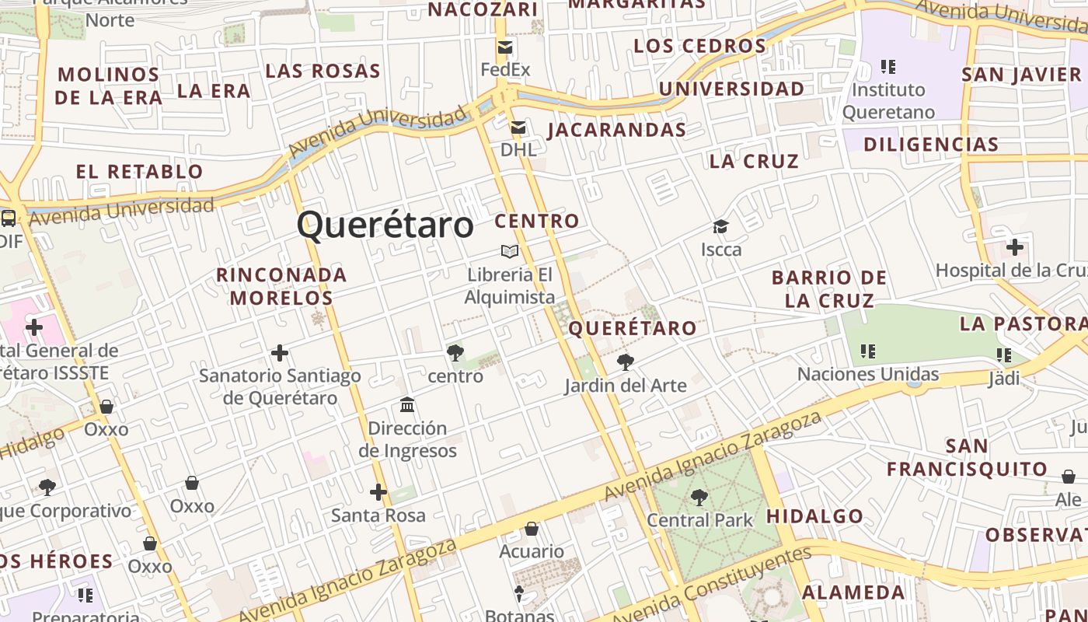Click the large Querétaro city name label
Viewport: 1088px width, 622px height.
coord(385,225)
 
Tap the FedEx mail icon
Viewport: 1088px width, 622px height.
coord(505,47)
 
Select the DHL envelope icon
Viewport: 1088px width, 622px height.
coord(518,128)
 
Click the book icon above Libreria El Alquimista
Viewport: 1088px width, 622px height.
coord(510,251)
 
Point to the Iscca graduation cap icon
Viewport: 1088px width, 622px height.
coord(720,227)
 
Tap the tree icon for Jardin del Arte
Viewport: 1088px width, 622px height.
coord(625,362)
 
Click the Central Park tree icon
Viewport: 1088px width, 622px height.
coord(699,497)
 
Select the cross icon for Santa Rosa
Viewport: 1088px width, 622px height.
coord(378,492)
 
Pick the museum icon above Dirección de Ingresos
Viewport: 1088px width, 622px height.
coord(407,405)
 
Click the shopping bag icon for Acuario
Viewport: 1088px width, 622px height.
coord(532,529)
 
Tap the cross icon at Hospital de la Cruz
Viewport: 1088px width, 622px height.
coord(1014,248)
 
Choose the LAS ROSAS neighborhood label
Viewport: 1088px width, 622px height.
coord(323,72)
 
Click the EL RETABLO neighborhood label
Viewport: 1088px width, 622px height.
coord(140,172)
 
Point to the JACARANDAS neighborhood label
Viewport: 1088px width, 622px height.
coord(617,130)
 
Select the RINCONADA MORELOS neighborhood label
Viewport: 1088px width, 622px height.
coord(281,286)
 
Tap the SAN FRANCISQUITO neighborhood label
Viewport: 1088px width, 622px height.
coord(968,458)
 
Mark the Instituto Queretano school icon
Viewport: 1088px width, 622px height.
coord(888,67)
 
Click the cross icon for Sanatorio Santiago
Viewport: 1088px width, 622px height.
coord(280,354)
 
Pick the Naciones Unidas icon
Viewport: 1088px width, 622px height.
coord(868,351)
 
